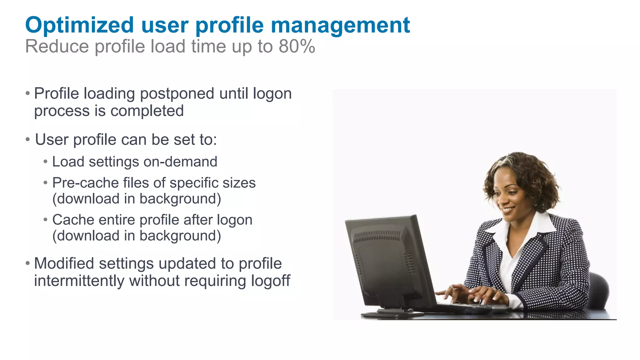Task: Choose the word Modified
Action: (64, 263)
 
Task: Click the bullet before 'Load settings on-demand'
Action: (46, 162)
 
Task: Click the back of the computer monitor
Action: (384, 259)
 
